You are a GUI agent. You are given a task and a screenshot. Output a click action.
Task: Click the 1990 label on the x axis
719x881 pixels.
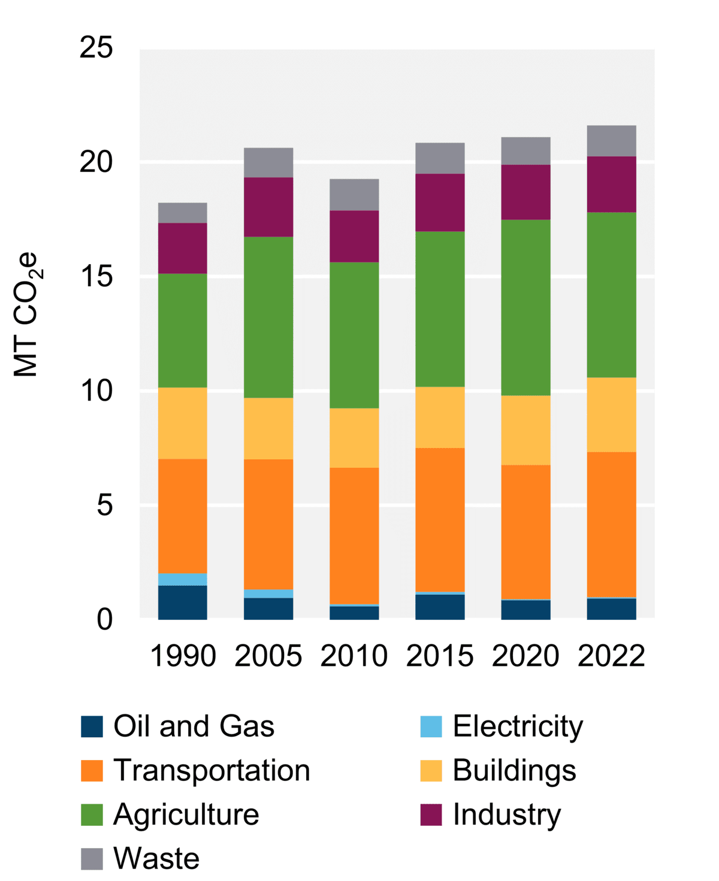[183, 655]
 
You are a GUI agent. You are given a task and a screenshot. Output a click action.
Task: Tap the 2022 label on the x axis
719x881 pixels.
[611, 655]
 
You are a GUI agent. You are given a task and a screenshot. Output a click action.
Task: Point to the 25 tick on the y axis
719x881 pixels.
[96, 47]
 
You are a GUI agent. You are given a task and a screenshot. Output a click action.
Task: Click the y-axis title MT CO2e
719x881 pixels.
[26, 314]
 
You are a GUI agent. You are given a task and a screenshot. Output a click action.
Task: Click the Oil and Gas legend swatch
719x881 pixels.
[92, 726]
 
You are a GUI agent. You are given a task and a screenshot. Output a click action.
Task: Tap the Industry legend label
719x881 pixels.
[507, 815]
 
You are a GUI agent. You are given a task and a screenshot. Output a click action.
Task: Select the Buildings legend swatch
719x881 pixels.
[431, 771]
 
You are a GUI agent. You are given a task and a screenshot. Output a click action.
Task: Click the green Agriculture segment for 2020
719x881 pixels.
[525, 307]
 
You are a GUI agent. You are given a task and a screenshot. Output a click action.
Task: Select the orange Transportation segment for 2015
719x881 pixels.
[440, 520]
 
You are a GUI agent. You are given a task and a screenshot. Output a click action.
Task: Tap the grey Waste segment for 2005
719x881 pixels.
[268, 162]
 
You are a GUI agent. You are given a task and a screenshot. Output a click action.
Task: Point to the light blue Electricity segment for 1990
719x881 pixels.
[183, 579]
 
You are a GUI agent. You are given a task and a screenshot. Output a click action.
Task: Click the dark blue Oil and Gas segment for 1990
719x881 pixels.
[183, 603]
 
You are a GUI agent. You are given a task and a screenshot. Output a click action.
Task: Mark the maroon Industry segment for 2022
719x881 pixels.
[611, 184]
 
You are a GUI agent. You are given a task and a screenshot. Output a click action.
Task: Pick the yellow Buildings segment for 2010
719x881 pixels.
[354, 438]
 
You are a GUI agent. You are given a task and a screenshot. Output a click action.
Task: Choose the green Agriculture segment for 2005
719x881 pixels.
[268, 317]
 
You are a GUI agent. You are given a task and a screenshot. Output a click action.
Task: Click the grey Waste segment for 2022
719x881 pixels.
[611, 141]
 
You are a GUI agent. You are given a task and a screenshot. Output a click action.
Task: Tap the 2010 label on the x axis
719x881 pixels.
[354, 655]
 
